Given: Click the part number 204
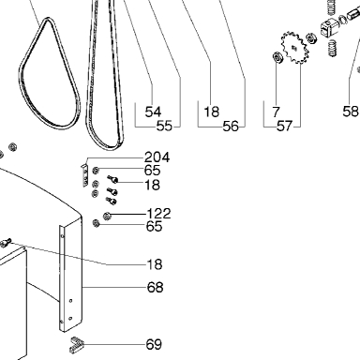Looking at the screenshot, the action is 157,157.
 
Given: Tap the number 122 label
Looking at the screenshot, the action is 158,214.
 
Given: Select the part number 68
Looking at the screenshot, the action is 155,287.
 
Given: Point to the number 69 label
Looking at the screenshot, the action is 154,345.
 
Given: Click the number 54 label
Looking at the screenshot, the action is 153,112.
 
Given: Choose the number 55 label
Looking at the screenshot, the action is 164,126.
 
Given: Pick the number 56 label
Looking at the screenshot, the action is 231,127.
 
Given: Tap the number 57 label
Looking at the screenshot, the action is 285,127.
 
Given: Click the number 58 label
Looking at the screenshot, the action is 351,112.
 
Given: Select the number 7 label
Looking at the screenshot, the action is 276,112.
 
